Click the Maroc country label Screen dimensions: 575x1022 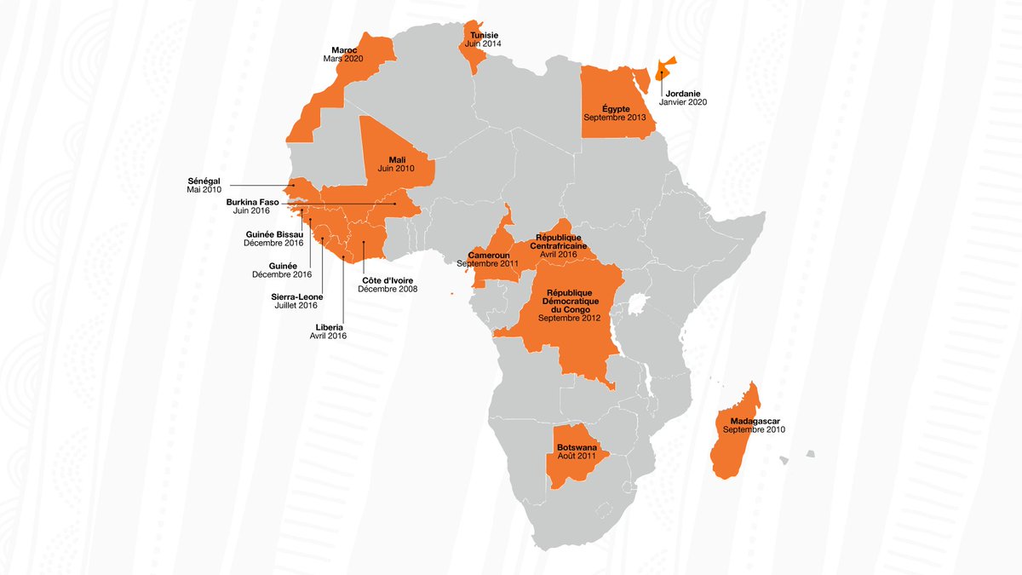point(344,49)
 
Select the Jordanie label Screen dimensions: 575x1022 point(686,93)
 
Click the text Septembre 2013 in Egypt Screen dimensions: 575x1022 point(614,117)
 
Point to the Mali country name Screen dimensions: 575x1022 point(398,159)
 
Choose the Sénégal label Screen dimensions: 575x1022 point(204,181)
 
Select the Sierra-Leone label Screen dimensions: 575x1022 point(294,296)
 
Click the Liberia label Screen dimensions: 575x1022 point(329,326)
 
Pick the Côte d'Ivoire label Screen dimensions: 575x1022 point(388,280)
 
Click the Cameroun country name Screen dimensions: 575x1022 point(488,255)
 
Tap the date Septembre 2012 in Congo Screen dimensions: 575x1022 point(569,318)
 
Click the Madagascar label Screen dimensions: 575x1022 point(754,421)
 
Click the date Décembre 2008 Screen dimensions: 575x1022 point(388,290)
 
